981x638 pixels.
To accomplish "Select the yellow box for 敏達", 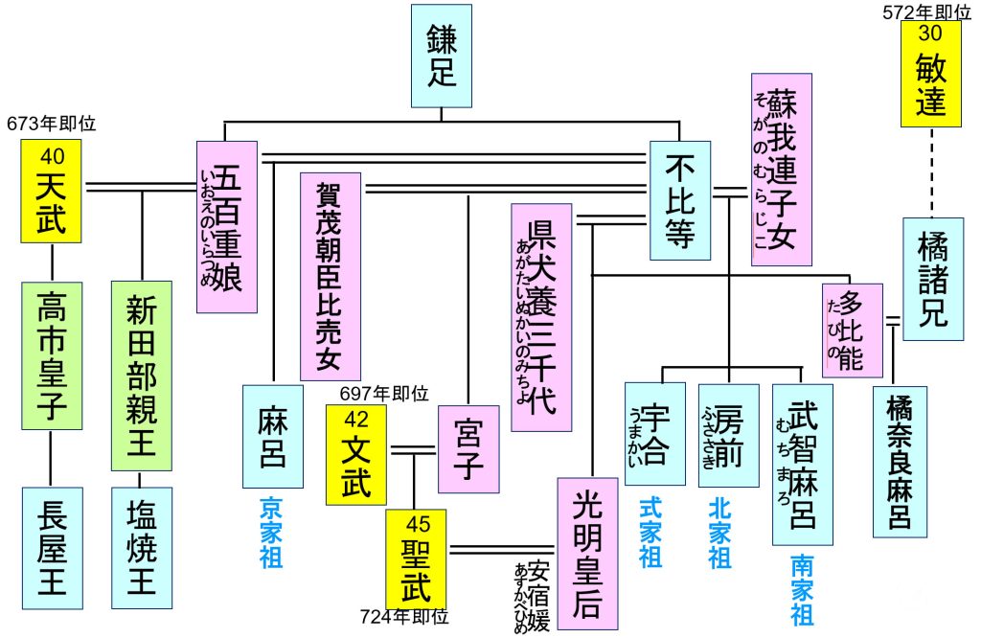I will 930,75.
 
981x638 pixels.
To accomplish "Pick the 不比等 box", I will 679,200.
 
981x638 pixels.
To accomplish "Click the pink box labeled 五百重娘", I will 227,226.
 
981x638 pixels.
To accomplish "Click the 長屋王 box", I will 52,548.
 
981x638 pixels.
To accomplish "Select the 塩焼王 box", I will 142,548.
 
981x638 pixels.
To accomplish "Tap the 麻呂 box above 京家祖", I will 273,436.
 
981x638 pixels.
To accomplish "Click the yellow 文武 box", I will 356,454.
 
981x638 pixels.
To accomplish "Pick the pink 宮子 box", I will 469,448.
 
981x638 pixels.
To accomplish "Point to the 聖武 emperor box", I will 416,559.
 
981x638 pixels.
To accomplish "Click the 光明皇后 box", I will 586,554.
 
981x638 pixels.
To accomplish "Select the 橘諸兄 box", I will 930,279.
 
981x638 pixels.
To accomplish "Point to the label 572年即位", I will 925,11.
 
